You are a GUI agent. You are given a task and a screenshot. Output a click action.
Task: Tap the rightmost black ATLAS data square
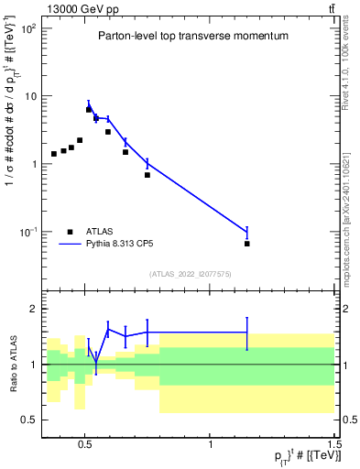[x=247, y=244]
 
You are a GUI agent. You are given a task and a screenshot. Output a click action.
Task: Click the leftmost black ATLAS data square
[x=54, y=154]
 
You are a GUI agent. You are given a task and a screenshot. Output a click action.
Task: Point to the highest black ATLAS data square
[x=89, y=110]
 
